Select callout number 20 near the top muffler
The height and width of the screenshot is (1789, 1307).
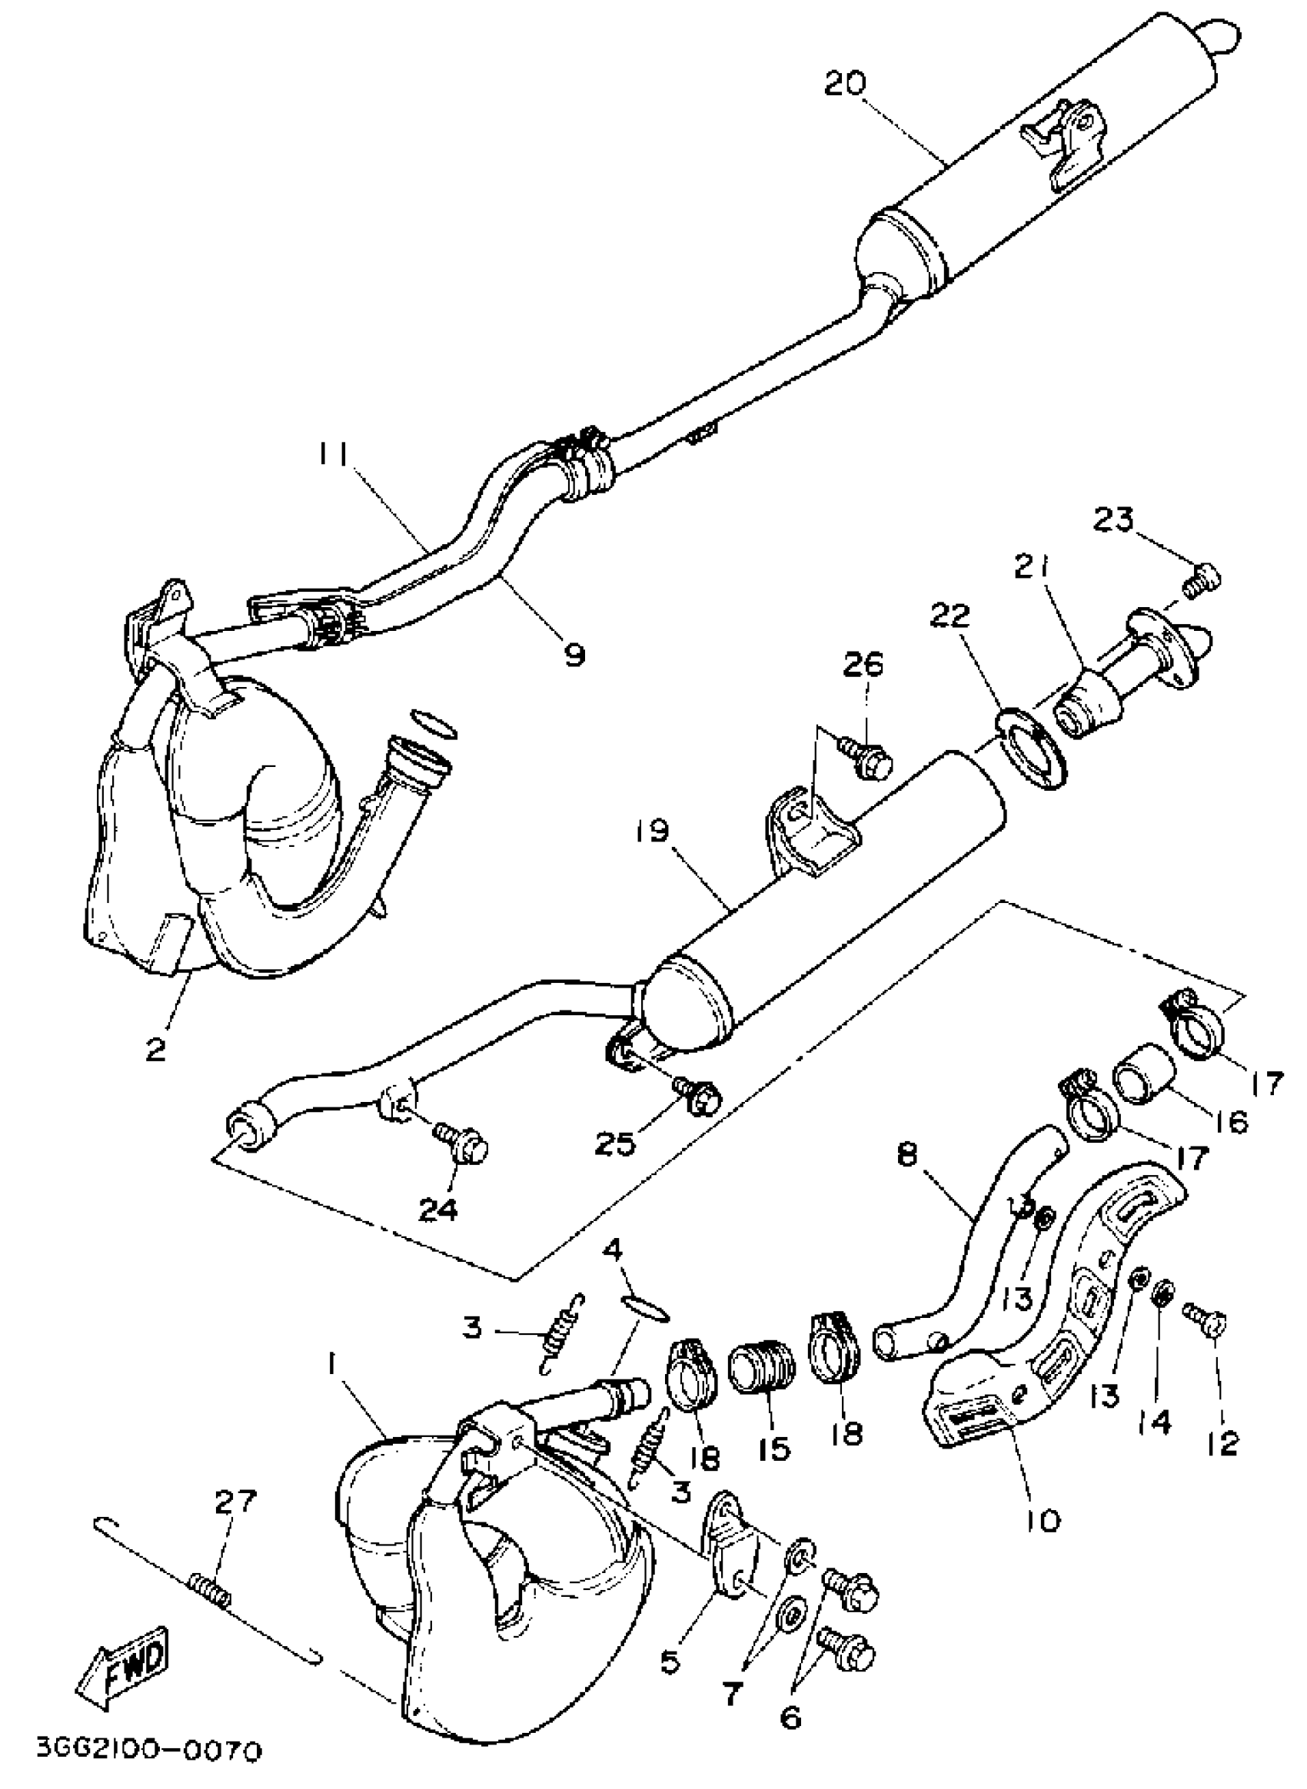pos(845,84)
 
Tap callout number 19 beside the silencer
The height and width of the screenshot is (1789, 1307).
pos(650,833)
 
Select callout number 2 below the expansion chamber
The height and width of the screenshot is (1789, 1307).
pos(156,1050)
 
